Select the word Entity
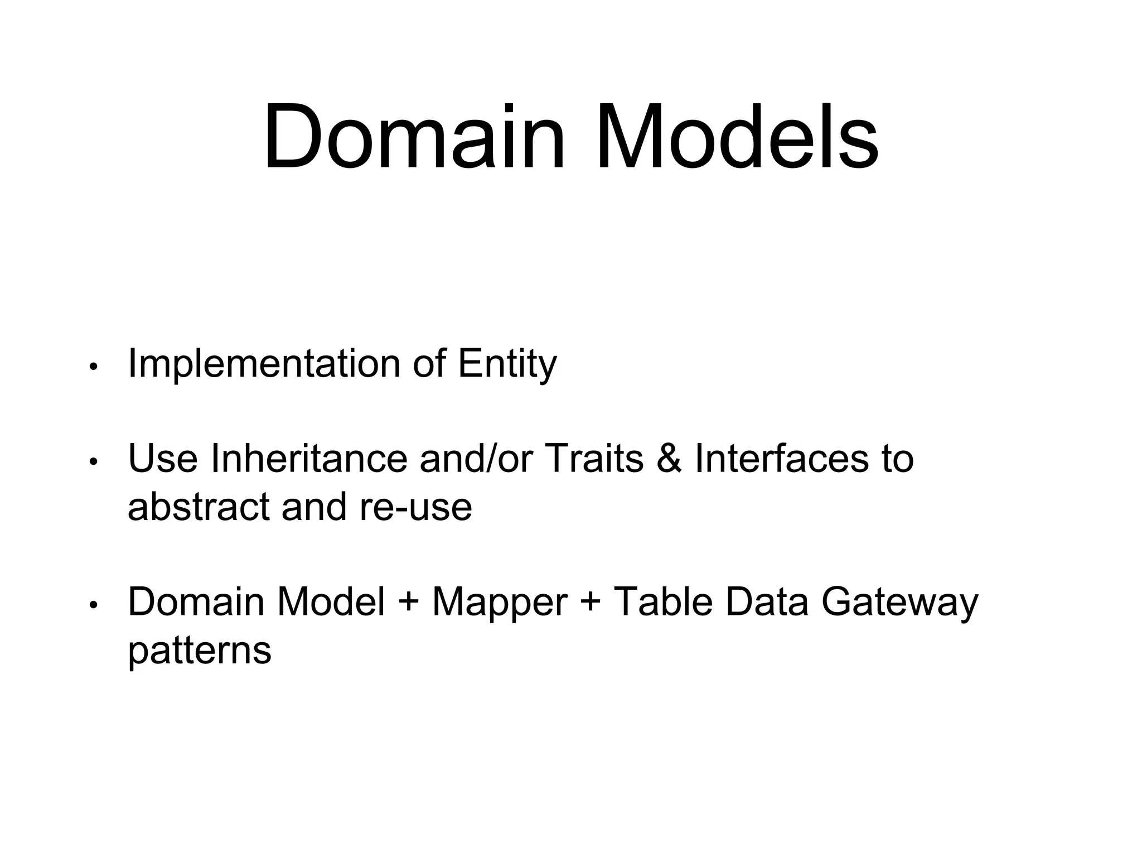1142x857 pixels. [x=506, y=364]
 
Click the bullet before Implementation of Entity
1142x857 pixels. [x=94, y=367]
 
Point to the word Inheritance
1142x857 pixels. [x=309, y=459]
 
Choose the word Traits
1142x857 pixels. [x=593, y=459]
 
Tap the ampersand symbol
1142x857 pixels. [x=669, y=459]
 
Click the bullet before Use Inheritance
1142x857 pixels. [x=94, y=462]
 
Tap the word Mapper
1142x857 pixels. [x=500, y=603]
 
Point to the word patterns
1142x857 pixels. [x=199, y=651]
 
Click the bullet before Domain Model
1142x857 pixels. [x=94, y=605]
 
